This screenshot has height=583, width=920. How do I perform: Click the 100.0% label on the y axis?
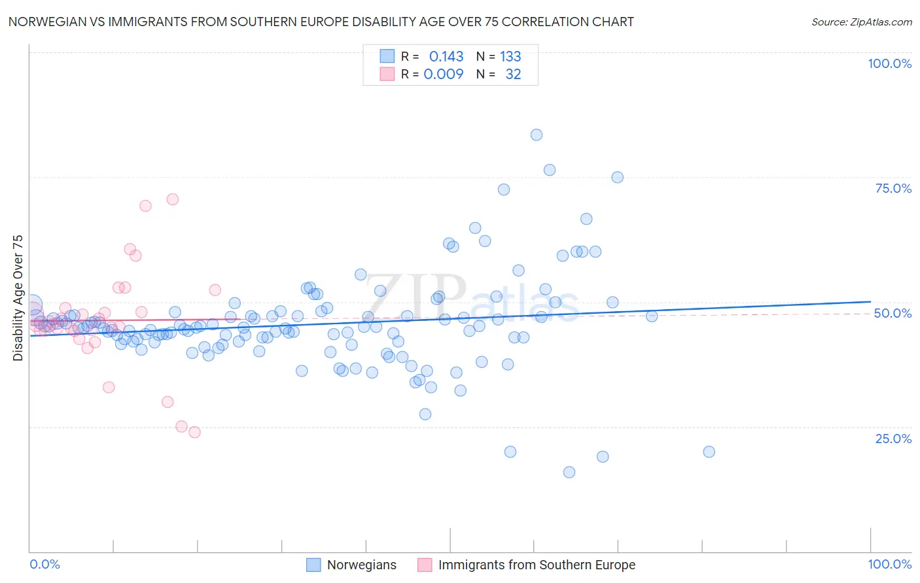(889, 63)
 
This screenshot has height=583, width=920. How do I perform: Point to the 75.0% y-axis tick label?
(893, 188)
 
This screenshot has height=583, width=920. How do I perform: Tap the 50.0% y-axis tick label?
(893, 313)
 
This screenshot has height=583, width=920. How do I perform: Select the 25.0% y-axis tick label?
(893, 438)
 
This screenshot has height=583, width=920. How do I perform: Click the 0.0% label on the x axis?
(44, 564)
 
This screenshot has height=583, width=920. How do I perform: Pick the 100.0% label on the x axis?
(889, 564)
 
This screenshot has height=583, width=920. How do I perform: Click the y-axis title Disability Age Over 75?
(18, 297)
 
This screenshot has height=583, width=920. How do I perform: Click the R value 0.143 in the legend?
(446, 56)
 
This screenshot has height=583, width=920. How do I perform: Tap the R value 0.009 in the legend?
(444, 74)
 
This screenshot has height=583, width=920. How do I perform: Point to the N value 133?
(510, 56)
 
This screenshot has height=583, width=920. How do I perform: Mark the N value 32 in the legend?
(513, 74)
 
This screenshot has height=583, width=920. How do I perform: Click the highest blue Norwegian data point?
(537, 135)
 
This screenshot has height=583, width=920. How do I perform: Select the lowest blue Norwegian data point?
(569, 472)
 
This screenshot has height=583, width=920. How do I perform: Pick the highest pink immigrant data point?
(173, 199)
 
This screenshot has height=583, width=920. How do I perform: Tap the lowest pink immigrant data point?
(194, 432)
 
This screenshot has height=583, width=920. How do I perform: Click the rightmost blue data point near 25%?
(709, 452)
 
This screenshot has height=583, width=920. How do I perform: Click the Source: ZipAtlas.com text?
(861, 22)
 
